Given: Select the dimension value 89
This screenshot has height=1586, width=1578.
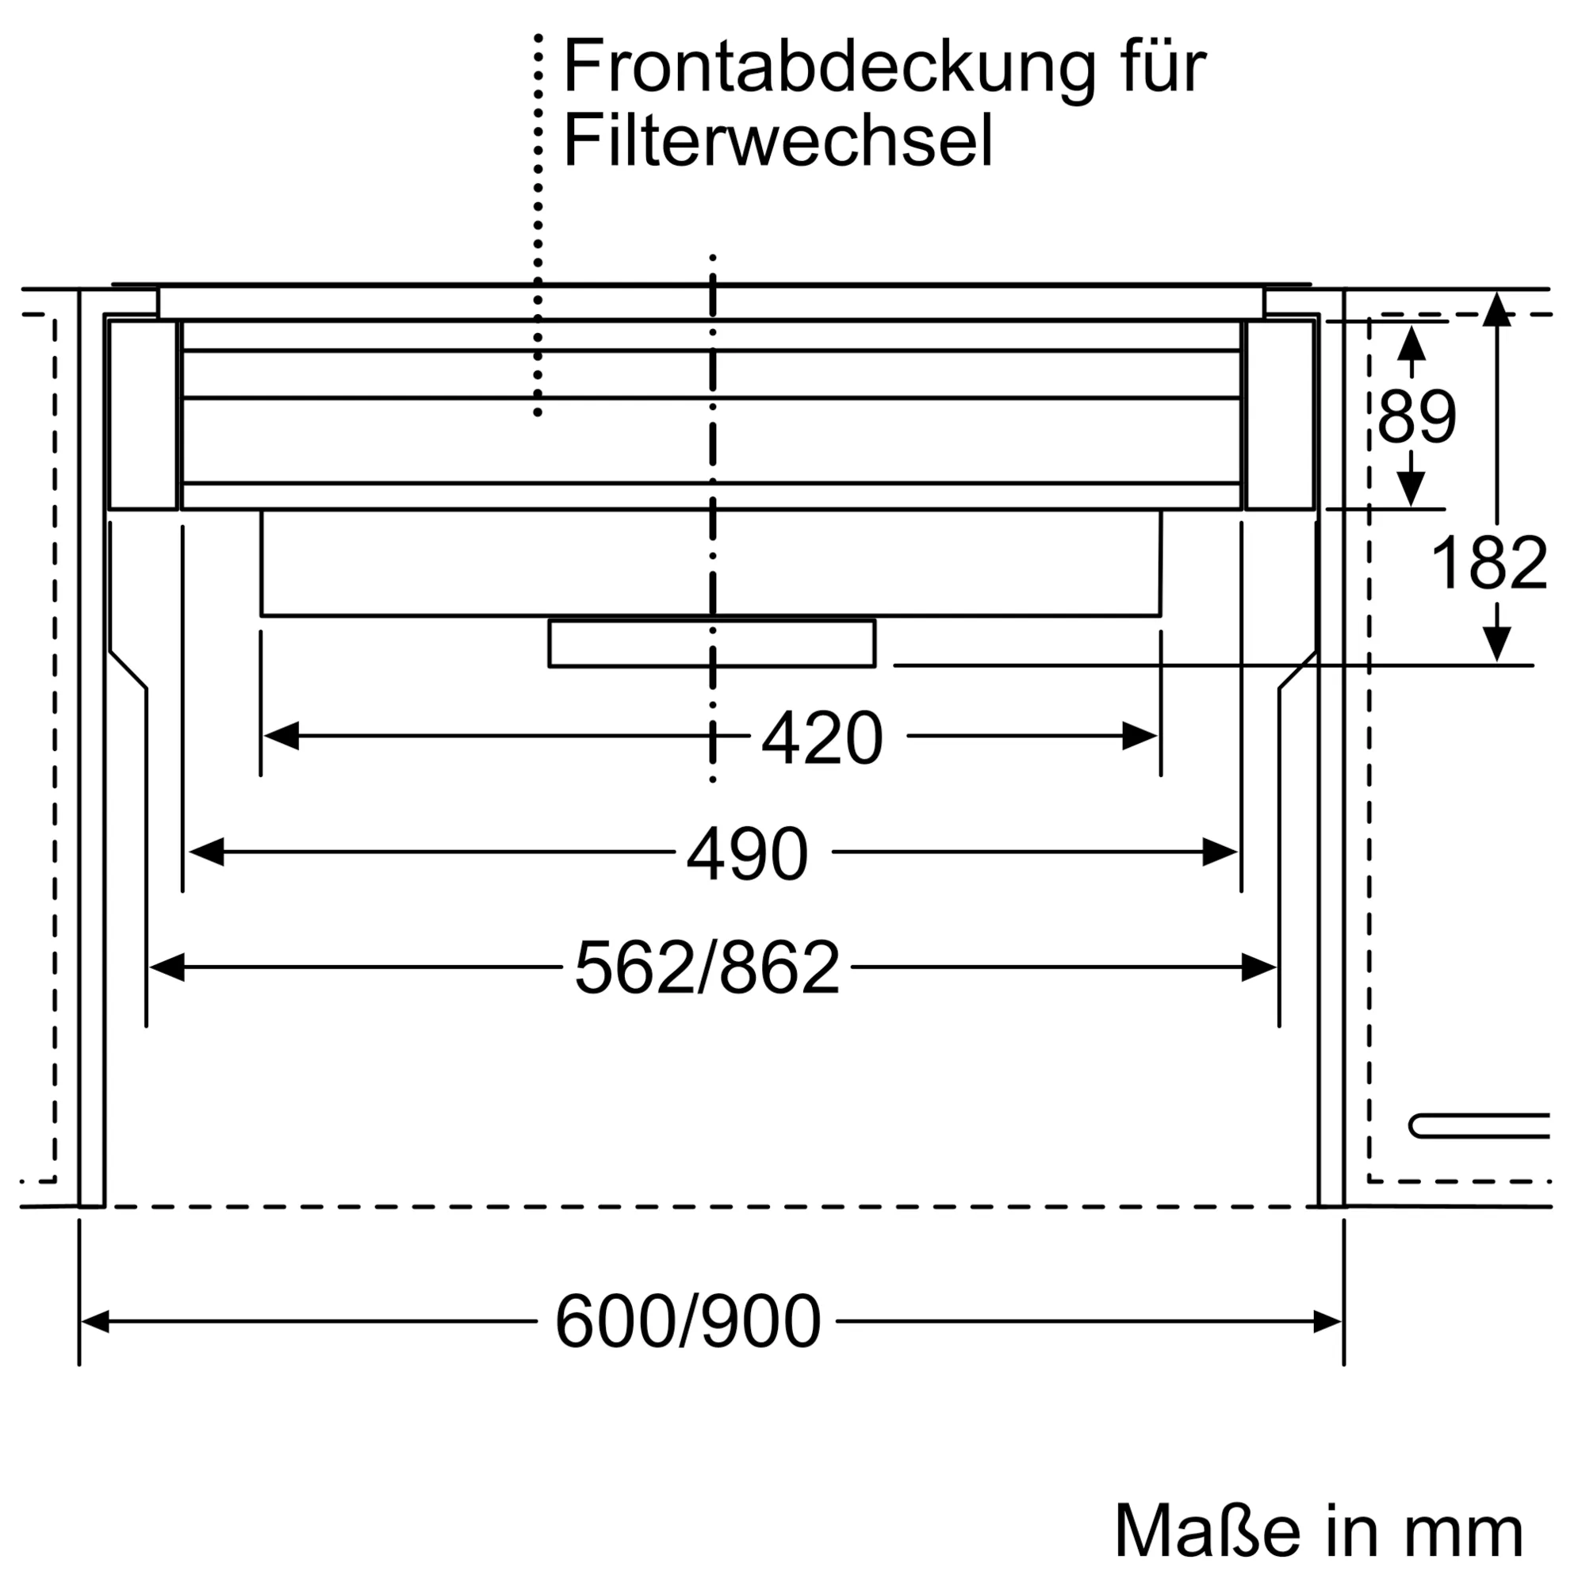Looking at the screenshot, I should click(x=1416, y=417).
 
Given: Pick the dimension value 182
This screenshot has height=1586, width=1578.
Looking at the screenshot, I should click(x=1488, y=563).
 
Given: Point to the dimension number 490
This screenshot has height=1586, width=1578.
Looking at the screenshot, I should click(x=747, y=855).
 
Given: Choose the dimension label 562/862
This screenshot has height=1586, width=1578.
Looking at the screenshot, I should click(x=707, y=969).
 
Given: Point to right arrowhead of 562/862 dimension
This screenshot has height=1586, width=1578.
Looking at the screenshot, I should click(x=1258, y=967).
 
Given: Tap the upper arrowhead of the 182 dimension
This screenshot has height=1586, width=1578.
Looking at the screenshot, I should click(x=1496, y=310).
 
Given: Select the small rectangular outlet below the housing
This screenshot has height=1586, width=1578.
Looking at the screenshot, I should click(x=711, y=644).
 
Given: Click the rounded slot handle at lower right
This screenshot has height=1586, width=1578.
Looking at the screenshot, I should click(x=1478, y=1126).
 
